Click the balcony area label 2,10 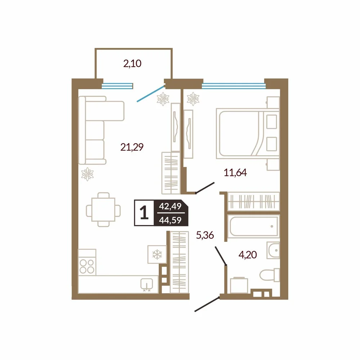coord(132,64)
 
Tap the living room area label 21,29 coord(132,147)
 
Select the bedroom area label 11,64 coord(235,172)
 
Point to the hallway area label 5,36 coord(205,235)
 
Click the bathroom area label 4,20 coord(248,255)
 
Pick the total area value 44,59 coord(170,220)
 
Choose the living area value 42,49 coord(170,206)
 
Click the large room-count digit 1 coord(144,213)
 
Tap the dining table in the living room coord(103,210)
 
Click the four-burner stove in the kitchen coord(87,262)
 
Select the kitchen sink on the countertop coord(147,285)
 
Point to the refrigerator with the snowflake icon coord(157,255)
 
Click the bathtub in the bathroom coord(253,226)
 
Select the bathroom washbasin coord(273,250)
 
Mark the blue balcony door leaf coord(150,94)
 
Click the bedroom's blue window coord(234,86)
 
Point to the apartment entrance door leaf coord(207,304)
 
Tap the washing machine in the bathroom coord(239,285)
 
